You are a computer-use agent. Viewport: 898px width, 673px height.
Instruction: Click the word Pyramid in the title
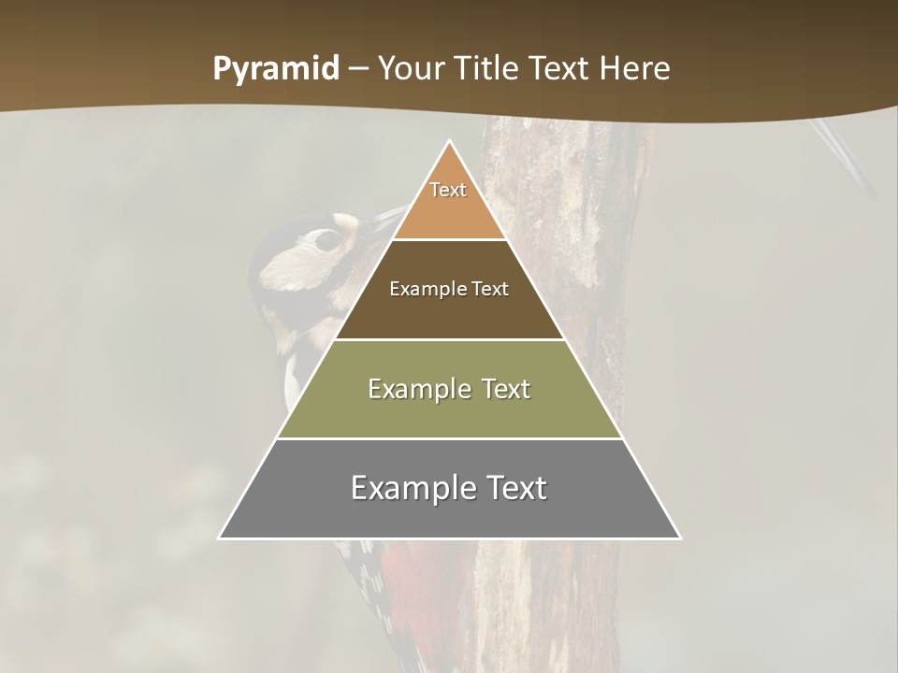click(x=276, y=69)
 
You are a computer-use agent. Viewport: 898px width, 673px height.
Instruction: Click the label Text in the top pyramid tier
click(x=448, y=190)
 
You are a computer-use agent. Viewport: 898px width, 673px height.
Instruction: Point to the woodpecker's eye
click(x=326, y=241)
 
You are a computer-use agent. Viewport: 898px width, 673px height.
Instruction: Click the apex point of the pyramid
click(x=450, y=141)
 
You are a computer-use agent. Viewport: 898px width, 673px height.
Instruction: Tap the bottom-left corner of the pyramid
click(x=219, y=538)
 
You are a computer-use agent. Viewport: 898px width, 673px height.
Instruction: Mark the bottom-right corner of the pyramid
click(x=680, y=538)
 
